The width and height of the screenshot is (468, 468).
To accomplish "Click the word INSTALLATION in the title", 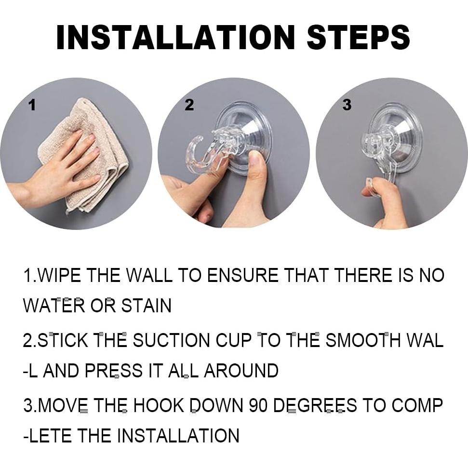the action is click(x=176, y=37).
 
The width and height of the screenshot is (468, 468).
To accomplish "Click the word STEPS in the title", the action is click(x=358, y=37).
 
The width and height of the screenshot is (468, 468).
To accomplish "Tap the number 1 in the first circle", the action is click(x=32, y=105).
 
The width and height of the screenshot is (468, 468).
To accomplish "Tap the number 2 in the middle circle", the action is click(x=189, y=105).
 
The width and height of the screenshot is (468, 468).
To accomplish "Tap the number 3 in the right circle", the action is click(x=347, y=105).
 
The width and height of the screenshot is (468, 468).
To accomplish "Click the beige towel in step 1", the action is click(x=90, y=155).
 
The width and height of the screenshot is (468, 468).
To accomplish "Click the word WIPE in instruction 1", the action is click(x=59, y=275).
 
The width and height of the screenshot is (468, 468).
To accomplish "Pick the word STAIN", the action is click(x=146, y=306).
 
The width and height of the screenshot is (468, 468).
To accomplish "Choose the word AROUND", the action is click(x=241, y=371).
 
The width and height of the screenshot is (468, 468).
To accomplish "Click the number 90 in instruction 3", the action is click(x=258, y=405).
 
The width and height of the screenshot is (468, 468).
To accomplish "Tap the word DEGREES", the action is click(x=315, y=405).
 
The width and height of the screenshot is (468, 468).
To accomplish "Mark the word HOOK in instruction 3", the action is click(x=159, y=405).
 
